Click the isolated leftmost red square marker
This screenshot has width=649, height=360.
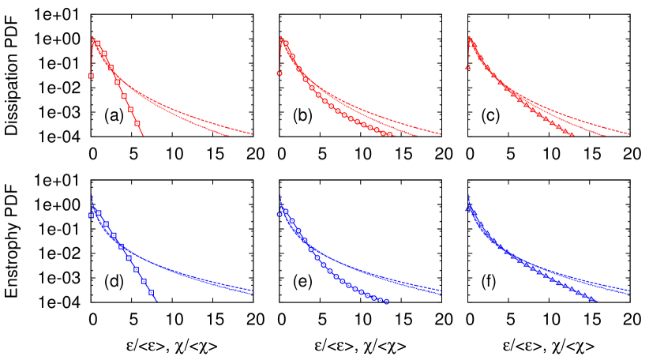tap(91, 76)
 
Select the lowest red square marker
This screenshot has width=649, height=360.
tap(137, 123)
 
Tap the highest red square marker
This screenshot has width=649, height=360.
tap(97, 43)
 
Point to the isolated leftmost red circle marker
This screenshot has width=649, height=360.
tap(279, 73)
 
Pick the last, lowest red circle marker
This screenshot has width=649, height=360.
tap(389, 134)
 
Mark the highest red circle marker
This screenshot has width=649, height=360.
tap(286, 43)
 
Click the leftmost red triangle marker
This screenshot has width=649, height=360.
tap(467, 68)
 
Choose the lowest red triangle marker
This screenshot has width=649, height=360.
tap(571, 135)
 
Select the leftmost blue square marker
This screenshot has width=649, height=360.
tap(91, 215)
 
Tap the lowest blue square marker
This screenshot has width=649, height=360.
tap(151, 292)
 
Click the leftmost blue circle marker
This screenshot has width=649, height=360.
tap(279, 214)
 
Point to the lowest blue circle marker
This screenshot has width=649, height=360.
tap(386, 301)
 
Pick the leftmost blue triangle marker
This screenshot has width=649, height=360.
tap(467, 209)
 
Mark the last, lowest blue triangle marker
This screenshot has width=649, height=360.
tap(591, 299)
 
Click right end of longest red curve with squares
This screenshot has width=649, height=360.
tap(253, 134)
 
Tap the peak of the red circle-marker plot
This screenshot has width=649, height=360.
tap(280, 36)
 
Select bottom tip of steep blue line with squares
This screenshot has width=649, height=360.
tap(156, 301)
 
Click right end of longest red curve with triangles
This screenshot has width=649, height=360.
tap(629, 134)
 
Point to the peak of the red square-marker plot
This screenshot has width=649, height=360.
tap(92, 36)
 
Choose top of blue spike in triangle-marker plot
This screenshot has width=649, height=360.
tap(468, 193)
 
